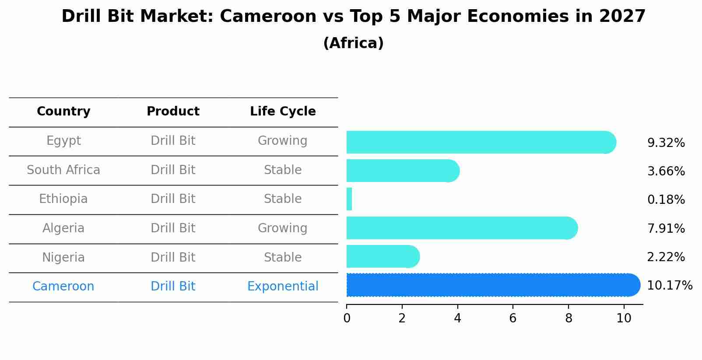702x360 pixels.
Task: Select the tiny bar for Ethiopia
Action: (x=349, y=199)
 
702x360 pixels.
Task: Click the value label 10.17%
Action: (x=669, y=286)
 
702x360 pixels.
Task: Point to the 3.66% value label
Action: (x=666, y=171)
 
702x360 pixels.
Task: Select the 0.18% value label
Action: (x=666, y=200)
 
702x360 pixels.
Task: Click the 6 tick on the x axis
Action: (x=513, y=318)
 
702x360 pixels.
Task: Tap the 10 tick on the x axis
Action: (x=624, y=318)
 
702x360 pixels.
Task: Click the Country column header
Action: (x=63, y=112)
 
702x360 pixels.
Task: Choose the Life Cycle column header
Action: (x=283, y=112)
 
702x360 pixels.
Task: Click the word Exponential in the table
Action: (x=283, y=287)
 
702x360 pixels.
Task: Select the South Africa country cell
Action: (x=63, y=170)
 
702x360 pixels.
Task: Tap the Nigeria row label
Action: (x=63, y=257)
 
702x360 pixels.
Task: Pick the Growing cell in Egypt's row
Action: (x=282, y=141)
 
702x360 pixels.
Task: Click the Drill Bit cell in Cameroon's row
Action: (x=173, y=287)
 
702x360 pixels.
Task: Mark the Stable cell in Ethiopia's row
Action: (x=283, y=199)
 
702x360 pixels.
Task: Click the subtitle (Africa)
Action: (x=353, y=43)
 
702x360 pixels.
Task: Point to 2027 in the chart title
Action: (x=622, y=17)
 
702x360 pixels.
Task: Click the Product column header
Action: (x=173, y=112)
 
